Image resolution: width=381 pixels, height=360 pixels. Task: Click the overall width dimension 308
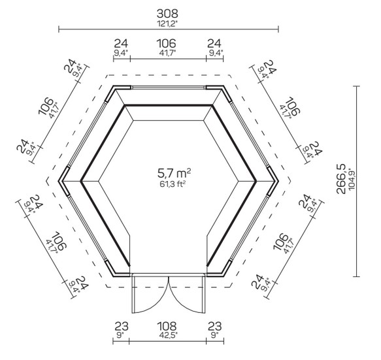pos(167,14)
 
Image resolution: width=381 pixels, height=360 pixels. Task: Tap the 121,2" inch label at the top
pos(167,24)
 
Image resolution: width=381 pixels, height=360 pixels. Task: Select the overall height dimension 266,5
pos(341,179)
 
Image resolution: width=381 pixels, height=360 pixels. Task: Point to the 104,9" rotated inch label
pos(352,179)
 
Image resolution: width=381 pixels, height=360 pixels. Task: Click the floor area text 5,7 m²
pos(174,173)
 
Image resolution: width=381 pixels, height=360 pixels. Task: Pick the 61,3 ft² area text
pos(173,184)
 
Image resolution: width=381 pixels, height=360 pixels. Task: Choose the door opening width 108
pos(167,326)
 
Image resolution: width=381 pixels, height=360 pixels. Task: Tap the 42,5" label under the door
pos(168,335)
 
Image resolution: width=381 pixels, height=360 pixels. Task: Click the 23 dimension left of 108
pos(122,326)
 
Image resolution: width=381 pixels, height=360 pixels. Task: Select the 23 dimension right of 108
pos(215,326)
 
